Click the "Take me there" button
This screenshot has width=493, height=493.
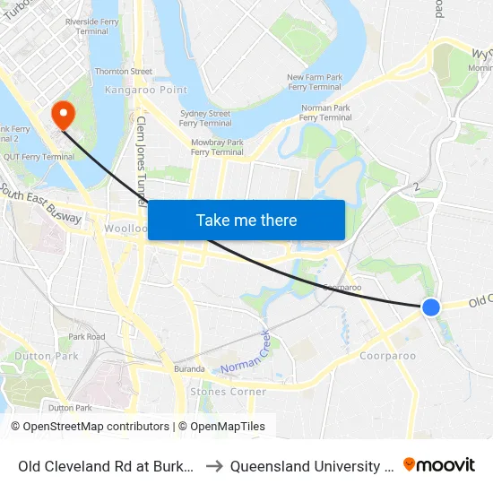point(246,221)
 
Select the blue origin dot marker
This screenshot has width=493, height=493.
point(431,307)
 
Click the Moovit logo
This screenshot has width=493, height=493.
point(439,464)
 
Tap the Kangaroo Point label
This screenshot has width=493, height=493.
point(133,90)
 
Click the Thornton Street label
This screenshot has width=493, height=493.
point(124,71)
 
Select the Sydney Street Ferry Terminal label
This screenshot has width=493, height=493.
point(205,119)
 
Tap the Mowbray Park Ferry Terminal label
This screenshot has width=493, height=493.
point(218,147)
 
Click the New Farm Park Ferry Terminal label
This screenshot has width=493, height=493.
point(314,82)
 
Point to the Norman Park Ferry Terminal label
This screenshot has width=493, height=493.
point(325,112)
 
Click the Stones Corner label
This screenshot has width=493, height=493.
point(228,392)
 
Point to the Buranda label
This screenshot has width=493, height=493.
point(189,368)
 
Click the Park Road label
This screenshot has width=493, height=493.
point(87,337)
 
